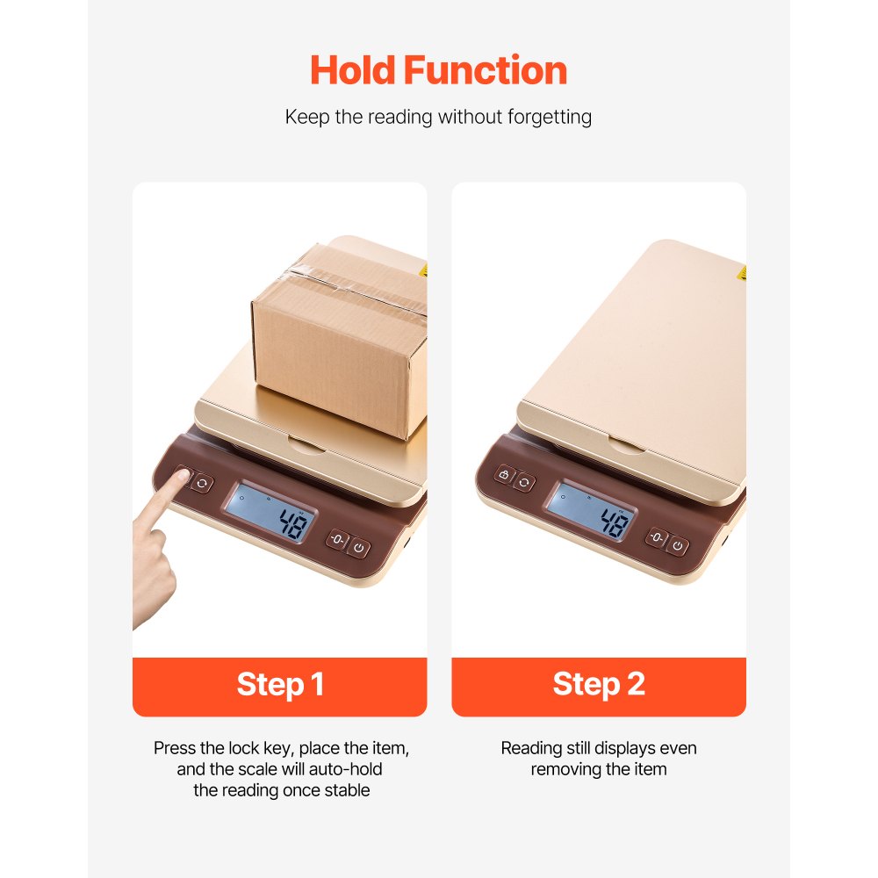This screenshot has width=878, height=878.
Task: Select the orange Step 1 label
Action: coord(279,685)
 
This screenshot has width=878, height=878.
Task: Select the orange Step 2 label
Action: coord(599,685)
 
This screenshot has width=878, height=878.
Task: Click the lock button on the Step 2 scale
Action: coord(504,475)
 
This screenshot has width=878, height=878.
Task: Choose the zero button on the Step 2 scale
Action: coord(657,537)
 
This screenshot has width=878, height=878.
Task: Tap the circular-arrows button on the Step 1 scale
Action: coord(203,483)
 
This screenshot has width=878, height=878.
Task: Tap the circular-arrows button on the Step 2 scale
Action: coord(524,481)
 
